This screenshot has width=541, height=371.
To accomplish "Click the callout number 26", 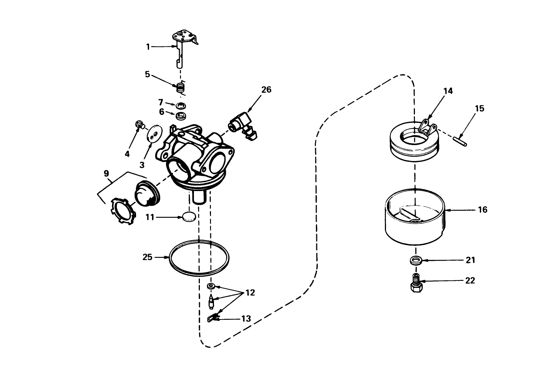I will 266,90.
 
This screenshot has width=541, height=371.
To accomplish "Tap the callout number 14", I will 448,91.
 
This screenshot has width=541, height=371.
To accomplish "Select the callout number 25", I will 148,257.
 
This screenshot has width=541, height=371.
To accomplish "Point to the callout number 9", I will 106,173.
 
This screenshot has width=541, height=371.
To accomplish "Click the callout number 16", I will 482,210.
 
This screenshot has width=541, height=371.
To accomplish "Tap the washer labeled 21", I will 415,260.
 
